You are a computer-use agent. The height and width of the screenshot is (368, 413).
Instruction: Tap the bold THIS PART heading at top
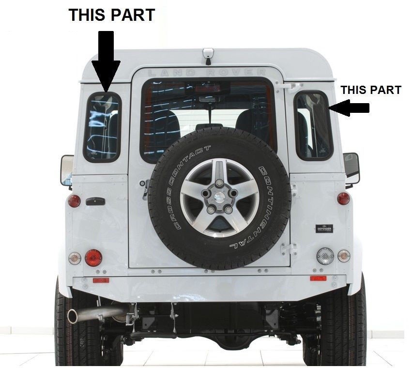112,15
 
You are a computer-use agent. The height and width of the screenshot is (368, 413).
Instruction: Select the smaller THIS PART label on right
371,90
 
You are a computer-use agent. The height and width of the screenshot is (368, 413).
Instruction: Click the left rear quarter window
102,127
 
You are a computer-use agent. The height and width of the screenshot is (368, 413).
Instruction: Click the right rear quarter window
314,126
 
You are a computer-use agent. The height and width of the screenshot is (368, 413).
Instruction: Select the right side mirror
352,168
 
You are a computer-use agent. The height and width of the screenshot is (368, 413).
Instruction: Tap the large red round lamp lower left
93,257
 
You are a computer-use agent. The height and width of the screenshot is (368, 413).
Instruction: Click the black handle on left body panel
95,201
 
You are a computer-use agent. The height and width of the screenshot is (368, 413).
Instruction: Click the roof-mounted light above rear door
208,55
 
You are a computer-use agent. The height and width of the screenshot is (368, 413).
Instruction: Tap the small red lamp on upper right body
343,198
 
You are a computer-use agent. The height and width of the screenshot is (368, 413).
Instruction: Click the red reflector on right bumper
318,278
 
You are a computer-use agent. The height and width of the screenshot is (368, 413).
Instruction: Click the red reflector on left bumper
101,280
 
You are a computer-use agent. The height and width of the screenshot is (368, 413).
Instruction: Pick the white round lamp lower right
325,255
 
